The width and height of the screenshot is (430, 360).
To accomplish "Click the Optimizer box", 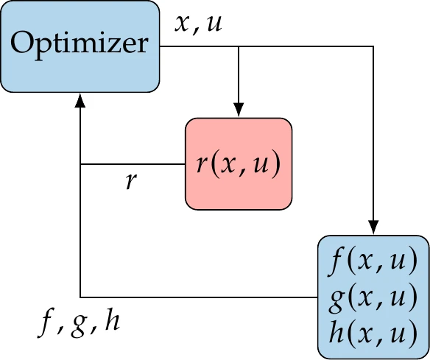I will coord(80,46).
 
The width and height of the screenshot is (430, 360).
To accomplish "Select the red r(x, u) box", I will coord(239,164).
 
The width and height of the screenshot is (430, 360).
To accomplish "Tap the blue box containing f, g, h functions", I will coord(373,297).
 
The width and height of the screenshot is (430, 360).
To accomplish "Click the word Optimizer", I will coord(80,45).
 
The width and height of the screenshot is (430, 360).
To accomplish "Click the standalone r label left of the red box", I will coord(131,181).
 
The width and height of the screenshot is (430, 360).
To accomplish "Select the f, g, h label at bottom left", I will coord(80,322).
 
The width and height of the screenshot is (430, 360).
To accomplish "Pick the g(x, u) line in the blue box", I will coord(373,297).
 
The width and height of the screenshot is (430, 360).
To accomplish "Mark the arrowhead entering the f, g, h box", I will coord(373,228).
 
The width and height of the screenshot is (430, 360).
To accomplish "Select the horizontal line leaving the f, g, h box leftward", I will coord(199,297).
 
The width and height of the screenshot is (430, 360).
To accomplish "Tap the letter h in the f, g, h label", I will coord(112,321).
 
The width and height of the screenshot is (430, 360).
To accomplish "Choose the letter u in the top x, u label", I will coord(216,24).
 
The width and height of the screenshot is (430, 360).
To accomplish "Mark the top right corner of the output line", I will coord(373,46).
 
